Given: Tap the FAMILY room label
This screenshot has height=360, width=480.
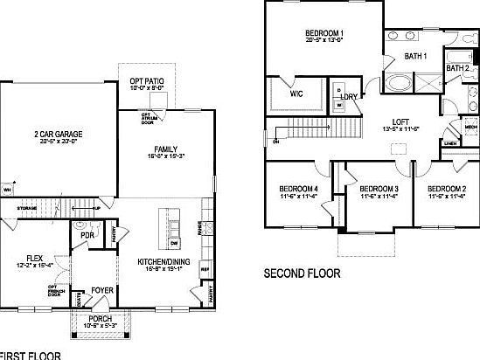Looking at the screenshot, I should [x=166, y=149].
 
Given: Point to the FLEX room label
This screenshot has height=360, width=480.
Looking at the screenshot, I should [x=34, y=257].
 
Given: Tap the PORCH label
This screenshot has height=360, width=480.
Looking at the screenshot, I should [x=101, y=319].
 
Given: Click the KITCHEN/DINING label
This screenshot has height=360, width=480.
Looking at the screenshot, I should [x=164, y=262].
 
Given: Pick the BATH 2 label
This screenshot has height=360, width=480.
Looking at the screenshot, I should [x=458, y=67].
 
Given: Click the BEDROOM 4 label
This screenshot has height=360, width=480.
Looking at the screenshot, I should [x=298, y=189].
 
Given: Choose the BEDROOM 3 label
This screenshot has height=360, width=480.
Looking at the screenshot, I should [x=379, y=189].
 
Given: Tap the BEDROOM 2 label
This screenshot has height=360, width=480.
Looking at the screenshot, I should [x=446, y=189].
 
